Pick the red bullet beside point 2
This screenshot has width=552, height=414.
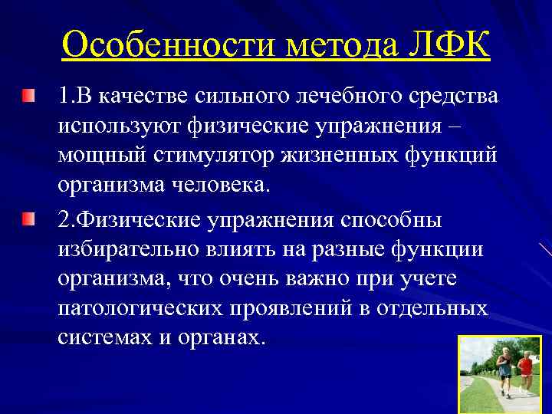(x=28, y=221)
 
